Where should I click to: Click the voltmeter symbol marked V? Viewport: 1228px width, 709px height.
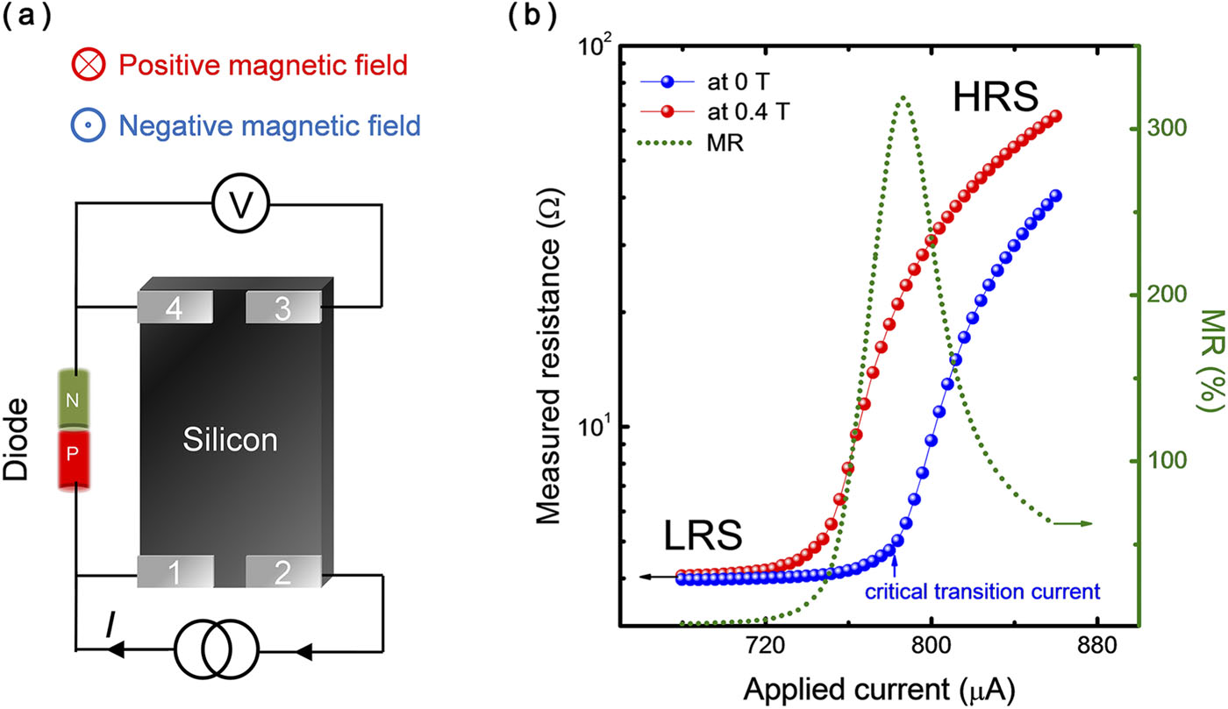tap(239, 205)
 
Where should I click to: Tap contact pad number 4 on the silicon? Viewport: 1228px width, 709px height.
tap(175, 307)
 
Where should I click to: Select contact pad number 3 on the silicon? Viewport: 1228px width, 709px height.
tap(282, 307)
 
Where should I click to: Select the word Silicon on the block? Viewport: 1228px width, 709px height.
tap(230, 441)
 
